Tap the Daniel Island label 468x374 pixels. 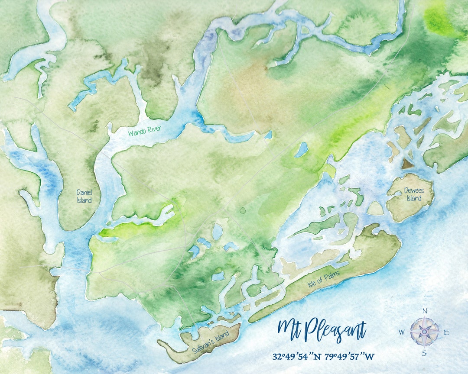(84, 196)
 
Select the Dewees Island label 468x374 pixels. (413, 194)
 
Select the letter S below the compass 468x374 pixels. (424, 353)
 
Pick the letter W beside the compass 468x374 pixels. (402, 332)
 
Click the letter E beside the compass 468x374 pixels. (446, 332)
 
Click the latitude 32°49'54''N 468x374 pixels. (297, 357)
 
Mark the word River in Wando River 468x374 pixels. (154, 129)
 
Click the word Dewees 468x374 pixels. (413, 190)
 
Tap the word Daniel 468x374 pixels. (84, 192)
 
